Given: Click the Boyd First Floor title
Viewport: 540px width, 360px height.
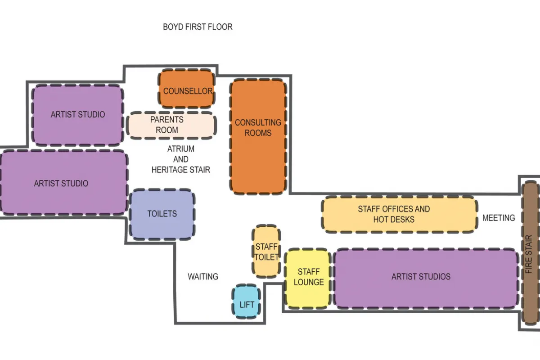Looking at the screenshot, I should (198, 27).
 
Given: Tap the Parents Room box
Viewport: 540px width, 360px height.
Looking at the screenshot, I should (171, 125).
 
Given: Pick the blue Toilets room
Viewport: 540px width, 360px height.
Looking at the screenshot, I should (162, 214).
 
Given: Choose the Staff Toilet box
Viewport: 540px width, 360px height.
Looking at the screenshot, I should (266, 252).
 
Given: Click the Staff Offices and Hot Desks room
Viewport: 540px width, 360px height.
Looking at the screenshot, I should (398, 214).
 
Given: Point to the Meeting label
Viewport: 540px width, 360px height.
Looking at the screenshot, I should (499, 218).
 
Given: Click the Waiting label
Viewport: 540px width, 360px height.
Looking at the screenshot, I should (203, 276).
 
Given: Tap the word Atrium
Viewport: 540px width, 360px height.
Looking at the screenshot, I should (181, 149).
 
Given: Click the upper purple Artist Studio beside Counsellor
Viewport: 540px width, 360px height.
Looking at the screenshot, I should (77, 115).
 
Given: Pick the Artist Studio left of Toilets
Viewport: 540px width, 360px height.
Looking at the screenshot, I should (62, 184).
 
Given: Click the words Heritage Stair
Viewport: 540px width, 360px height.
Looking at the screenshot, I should (181, 170).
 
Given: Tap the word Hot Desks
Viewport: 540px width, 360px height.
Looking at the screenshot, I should (394, 220).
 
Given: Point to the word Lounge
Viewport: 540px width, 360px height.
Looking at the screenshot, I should (309, 282).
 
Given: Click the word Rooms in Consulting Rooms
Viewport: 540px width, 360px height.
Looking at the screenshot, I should (258, 133).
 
